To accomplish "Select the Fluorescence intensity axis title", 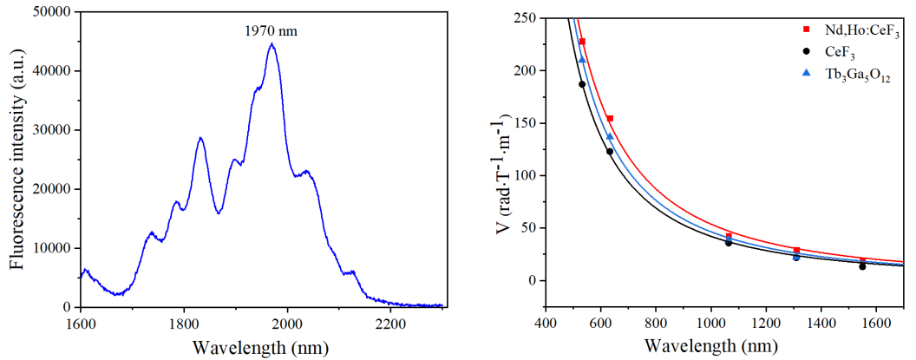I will coord(16,159).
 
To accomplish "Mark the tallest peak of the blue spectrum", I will coord(272,44).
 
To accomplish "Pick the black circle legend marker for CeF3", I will coord(806,54).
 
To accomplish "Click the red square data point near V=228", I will coord(582,42).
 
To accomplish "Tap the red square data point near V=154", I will coord(610,119).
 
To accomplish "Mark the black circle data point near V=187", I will coord(582,84).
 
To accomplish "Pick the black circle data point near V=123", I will coord(610,152).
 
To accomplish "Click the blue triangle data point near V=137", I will coord(610,136).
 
